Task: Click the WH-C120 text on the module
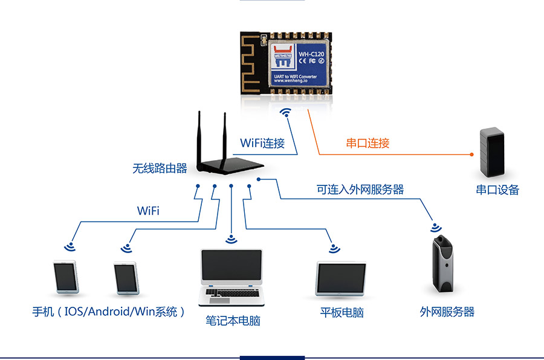point(312,53)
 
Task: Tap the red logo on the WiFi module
point(282,54)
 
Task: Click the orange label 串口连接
point(368,143)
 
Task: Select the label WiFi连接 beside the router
point(262,143)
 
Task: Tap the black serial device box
point(491,150)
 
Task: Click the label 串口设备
point(497,190)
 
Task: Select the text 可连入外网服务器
point(360,189)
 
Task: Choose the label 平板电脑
point(342,312)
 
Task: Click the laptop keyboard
point(231,293)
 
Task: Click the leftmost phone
point(65,278)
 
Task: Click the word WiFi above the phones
point(148,211)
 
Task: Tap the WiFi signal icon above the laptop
point(230,239)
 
